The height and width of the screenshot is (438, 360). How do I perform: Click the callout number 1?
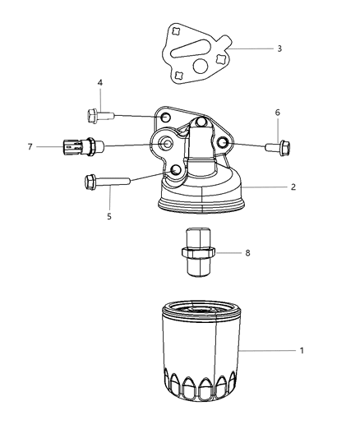tap(302, 350)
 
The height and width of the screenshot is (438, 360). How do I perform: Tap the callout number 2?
tap(293, 187)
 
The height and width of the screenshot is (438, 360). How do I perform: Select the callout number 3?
tap(279, 48)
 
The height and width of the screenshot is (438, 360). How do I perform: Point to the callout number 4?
tap(100, 83)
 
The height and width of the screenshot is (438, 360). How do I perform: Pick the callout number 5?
tap(109, 216)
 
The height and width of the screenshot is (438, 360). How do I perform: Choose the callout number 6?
tap(277, 113)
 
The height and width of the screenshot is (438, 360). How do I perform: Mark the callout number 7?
tap(30, 146)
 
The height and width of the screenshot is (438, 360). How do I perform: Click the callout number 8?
tap(247, 253)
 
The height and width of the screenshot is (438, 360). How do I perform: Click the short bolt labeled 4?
tap(100, 116)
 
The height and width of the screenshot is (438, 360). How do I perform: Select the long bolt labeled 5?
tap(107, 182)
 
